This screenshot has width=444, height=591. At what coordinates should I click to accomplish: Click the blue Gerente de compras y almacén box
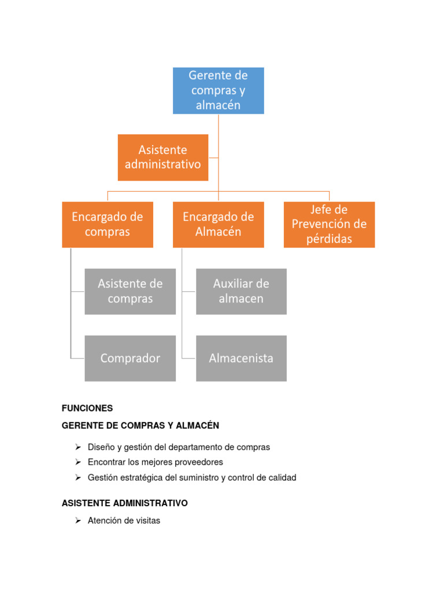coord(219,91)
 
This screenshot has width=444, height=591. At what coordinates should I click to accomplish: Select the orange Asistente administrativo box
coord(163,158)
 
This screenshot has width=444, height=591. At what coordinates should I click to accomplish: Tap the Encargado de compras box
coord(108,225)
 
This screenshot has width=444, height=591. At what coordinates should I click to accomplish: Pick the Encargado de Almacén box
coord(219,225)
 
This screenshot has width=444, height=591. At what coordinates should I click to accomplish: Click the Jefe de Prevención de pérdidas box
coord(329,225)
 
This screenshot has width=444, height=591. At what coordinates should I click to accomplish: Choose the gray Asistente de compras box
coord(130,291)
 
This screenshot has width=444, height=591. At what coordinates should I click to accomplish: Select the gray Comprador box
coord(130,358)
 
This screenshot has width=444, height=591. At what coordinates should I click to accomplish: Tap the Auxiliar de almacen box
coord(241,291)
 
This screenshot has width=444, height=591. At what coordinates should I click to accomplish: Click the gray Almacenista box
coord(241,358)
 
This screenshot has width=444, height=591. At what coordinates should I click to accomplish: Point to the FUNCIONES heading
coord(87,408)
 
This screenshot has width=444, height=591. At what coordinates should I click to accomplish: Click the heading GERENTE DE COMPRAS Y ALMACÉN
coord(140,425)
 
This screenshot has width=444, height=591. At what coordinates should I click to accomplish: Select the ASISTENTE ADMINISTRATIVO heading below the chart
coord(125,503)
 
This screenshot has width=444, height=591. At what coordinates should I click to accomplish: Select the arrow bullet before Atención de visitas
coord(77,521)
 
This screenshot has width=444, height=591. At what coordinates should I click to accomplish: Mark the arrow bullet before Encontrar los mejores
coord(77,462)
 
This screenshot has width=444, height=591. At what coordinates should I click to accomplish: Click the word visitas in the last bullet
coord(147,521)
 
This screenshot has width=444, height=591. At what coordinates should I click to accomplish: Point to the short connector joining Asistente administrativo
coord(213,158)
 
